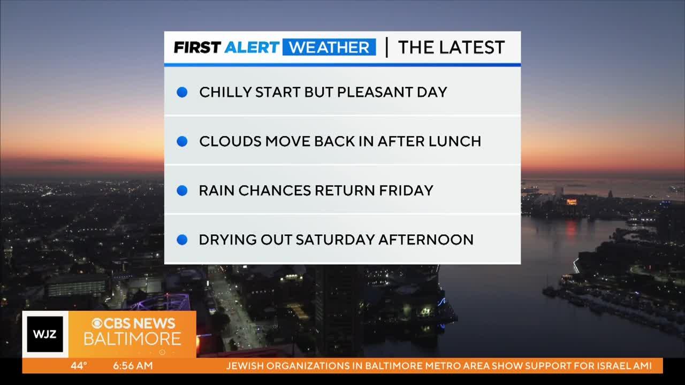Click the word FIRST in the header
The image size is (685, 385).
point(197,48)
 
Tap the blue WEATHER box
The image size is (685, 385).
point(329,47)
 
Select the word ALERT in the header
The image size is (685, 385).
point(252,48)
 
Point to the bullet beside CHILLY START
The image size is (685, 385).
point(182,92)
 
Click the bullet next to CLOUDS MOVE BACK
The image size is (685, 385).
point(182,141)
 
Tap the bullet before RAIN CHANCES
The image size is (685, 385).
point(182,190)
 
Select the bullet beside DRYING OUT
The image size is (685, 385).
point(182,240)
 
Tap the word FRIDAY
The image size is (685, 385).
point(406,190)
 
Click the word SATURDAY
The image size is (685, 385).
point(335,240)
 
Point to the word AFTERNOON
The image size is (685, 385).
point(426,240)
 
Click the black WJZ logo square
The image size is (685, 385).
point(45,334)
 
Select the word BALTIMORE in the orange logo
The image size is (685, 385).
point(132,339)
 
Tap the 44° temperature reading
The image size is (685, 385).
point(79,365)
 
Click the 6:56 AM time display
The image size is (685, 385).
point(133,365)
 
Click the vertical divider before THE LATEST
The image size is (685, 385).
point(387,48)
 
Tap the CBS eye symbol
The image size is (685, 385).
point(97,323)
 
